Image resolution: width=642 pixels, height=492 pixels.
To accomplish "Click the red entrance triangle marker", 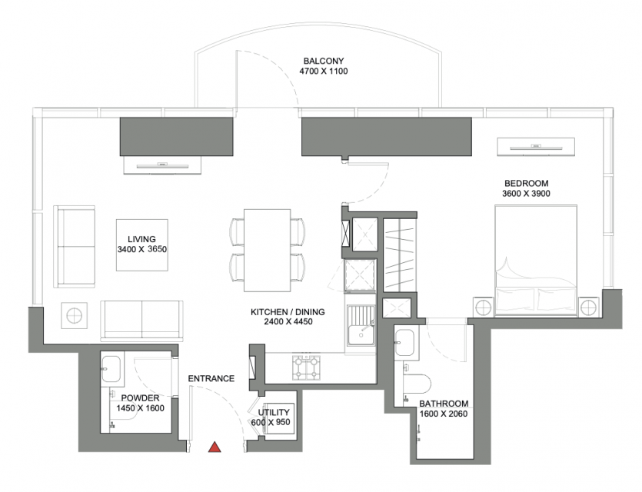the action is tap(215, 447).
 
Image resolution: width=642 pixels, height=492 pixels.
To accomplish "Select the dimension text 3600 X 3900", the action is tap(526, 194).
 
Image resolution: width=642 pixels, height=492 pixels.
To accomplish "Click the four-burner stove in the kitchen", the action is tap(305, 367).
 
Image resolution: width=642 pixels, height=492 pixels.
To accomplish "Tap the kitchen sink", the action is tap(361, 326).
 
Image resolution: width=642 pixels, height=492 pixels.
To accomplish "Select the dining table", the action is tap(268, 251).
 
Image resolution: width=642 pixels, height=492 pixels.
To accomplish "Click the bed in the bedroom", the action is tap(536, 261).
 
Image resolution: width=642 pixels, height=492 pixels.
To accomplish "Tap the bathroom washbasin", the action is tap(404, 343).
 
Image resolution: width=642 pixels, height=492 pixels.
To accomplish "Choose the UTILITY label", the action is tap(274, 412).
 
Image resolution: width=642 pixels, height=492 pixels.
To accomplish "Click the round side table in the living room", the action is tap(74, 316).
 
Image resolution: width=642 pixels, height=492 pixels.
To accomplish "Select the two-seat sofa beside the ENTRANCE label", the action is tap(141, 321).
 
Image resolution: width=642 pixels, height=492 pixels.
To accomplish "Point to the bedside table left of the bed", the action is tap(484, 306).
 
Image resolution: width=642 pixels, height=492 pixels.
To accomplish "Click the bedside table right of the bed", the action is tap(589, 306).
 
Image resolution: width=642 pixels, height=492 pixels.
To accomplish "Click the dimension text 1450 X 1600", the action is tap(141, 408).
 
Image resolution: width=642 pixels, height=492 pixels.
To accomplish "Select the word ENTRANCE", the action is tap(211, 379).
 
